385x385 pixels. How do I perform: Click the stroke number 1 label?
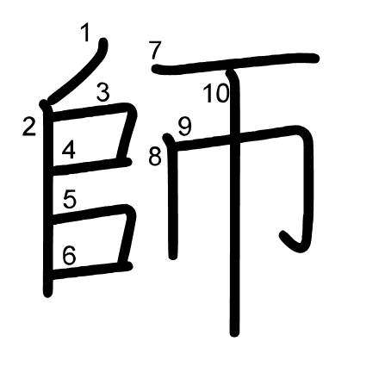[x=85, y=32]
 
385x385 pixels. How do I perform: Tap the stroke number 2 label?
[x=29, y=127]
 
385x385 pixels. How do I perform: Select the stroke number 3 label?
[x=102, y=92]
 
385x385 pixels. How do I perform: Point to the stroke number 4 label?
[x=69, y=151]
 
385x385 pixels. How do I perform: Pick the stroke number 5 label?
[x=70, y=199]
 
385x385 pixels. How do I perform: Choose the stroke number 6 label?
[x=70, y=255]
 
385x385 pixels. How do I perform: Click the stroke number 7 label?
[x=155, y=50]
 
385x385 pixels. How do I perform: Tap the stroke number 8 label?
[x=155, y=157]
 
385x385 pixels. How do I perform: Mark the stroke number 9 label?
[x=184, y=127]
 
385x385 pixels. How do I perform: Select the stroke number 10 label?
[x=216, y=93]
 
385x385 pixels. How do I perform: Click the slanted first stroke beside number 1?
[x=78, y=71]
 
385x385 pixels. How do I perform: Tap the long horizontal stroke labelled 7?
[x=235, y=64]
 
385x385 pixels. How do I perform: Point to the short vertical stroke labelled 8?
[x=173, y=196]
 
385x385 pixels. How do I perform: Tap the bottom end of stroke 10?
[x=234, y=332]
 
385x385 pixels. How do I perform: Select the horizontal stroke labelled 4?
[x=92, y=167]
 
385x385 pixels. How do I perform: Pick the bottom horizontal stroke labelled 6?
[x=92, y=270]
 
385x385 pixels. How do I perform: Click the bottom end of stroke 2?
[x=47, y=294]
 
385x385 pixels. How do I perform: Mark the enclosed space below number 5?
[x=87, y=242]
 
